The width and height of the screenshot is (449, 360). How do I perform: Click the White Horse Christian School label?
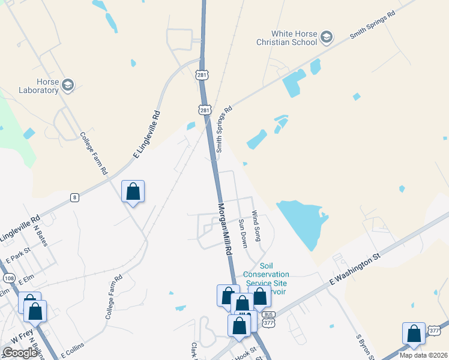294,38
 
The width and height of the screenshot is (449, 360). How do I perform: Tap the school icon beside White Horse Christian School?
327,38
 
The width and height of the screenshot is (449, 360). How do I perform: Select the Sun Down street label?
243,233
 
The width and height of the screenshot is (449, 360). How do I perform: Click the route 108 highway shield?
8,278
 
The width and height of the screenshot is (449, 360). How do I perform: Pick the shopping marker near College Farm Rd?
133,192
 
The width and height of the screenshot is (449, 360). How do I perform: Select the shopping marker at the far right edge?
414,334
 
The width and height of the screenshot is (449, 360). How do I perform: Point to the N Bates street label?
40,236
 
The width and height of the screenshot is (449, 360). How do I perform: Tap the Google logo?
20,353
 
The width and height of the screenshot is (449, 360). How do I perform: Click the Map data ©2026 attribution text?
423,355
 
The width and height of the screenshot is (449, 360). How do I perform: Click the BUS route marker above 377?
268,314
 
